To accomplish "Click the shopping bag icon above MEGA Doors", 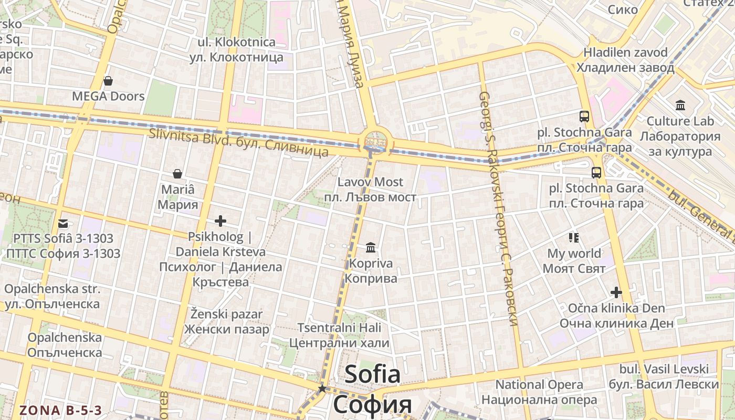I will [108, 81].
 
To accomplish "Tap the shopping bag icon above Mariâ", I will [177, 174].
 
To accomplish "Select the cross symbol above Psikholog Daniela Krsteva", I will [220, 221].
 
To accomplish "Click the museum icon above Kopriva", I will [371, 247].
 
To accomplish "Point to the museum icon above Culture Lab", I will [680, 105].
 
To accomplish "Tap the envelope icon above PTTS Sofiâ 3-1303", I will [63, 224].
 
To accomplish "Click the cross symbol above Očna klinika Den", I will [616, 292].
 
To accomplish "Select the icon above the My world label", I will [574, 238].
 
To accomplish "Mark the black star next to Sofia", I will [322, 388].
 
